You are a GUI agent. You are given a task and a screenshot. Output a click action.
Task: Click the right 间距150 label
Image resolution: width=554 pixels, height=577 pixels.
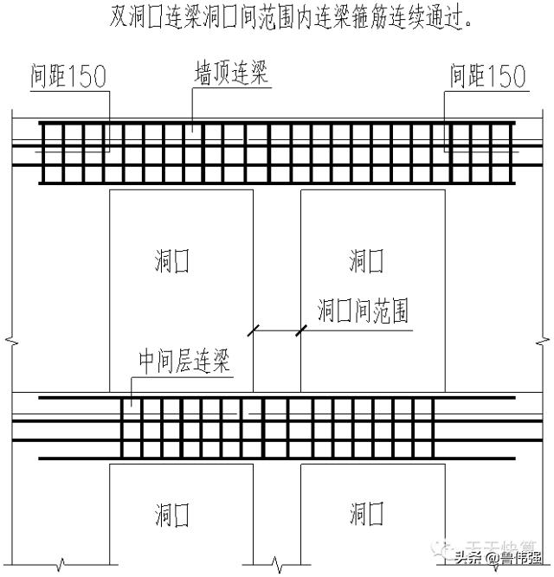487,78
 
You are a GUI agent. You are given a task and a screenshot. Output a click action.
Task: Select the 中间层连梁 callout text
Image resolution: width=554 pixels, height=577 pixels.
185,362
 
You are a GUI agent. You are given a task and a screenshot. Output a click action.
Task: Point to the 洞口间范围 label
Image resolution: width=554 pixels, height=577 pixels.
364,310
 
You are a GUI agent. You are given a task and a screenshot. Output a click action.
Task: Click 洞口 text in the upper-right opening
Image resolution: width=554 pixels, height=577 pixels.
366,260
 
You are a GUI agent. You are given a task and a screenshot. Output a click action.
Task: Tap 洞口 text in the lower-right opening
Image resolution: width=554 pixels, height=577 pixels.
366,516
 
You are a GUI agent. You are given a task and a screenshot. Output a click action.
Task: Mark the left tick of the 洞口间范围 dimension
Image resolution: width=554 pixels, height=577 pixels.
254,330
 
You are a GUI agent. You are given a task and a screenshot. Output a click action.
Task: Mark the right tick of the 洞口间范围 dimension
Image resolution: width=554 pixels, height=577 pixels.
301,330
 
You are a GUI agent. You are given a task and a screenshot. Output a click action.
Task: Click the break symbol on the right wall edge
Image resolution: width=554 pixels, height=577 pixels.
544,340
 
